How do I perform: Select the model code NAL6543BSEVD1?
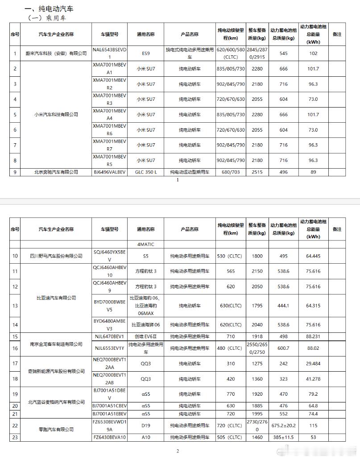coord(109,53)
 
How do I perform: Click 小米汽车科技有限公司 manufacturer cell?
coord(56,115)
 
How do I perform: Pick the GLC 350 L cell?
coord(146,172)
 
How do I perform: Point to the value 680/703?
coord(230,172)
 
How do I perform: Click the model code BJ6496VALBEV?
coord(109,172)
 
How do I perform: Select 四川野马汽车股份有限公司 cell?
coord(56,256)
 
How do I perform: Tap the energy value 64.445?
coord(313,256)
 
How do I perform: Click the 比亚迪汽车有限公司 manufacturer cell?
coord(56,298)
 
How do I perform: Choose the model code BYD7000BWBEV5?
coord(109,305)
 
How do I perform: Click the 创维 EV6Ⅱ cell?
coord(146,336)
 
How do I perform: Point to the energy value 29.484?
coord(313,364)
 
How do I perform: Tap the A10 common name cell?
coord(146,437)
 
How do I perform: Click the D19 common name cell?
coord(146,426)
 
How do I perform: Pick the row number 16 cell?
coord(15,348)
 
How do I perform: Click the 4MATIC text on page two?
coord(146,245)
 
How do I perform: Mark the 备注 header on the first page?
coord(337,34)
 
